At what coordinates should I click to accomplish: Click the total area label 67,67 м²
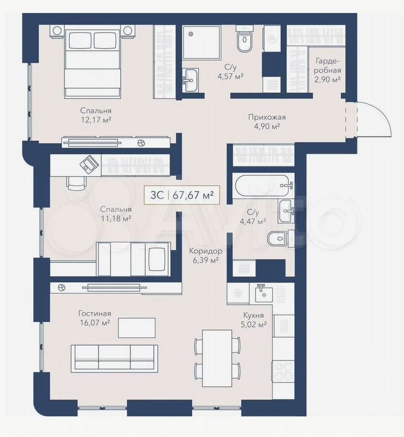click(x=193, y=194)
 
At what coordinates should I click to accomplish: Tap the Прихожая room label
click(x=267, y=117)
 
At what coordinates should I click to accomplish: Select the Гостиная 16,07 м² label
click(x=95, y=318)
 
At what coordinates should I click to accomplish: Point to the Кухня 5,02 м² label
click(x=254, y=320)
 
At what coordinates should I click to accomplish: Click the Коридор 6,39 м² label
click(x=206, y=255)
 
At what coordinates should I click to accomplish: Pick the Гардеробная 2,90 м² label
click(x=328, y=70)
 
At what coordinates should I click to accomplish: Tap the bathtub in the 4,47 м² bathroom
click(x=264, y=186)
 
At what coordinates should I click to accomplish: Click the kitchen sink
click(x=264, y=293)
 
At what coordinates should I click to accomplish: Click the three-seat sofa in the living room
click(x=114, y=358)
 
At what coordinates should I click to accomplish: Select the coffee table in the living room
click(x=136, y=328)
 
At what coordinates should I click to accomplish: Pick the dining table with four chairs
click(x=217, y=358)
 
